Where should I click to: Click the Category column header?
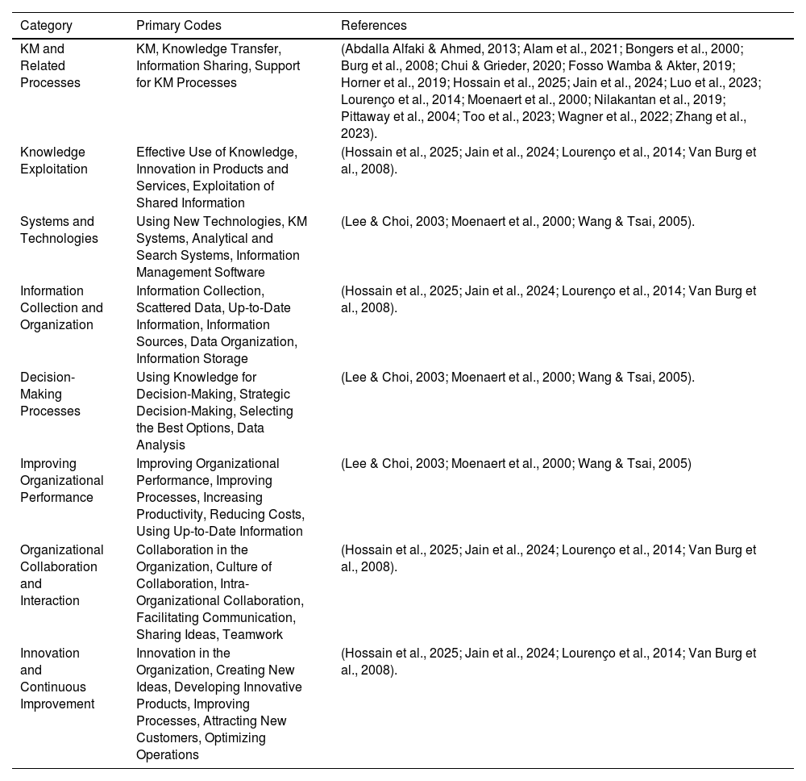(x=46, y=25)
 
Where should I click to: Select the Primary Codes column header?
(x=178, y=25)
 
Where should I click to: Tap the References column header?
(x=373, y=25)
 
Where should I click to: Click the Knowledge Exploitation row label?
(x=52, y=161)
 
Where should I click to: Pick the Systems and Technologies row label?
(x=57, y=230)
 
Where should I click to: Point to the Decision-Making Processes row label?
(x=50, y=394)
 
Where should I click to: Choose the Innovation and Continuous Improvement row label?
(x=57, y=679)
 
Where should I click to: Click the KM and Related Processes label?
(x=50, y=65)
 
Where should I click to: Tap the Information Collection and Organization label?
(x=61, y=307)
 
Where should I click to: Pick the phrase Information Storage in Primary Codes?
(x=192, y=358)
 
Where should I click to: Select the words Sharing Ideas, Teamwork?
(x=210, y=635)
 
